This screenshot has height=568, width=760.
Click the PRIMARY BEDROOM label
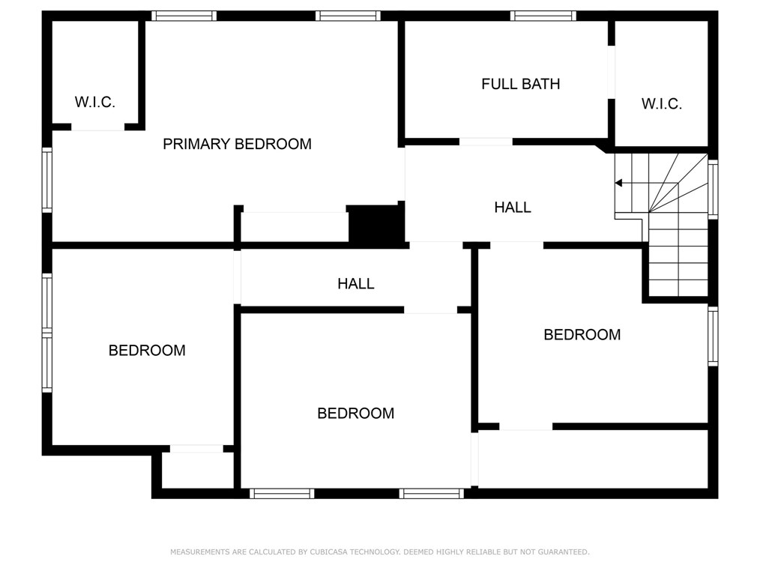237,144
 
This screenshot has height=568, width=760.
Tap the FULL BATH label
520,84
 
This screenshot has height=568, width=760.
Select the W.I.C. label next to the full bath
661,104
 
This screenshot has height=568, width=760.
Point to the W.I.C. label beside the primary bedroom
95,103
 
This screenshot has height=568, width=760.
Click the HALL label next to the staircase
513,208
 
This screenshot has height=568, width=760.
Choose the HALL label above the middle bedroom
355,284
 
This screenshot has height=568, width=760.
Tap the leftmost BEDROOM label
147,350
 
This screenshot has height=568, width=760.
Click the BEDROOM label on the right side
582,335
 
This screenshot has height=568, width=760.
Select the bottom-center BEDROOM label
355,413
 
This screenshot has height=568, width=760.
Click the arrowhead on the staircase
619,183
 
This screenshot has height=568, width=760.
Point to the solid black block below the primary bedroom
376,224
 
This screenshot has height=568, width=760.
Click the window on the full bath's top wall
543,16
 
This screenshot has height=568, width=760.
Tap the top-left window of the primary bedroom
184,16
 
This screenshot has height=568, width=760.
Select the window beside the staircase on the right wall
713,190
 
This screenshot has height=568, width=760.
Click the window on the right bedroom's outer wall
713,336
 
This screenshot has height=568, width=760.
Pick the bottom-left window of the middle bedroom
281,493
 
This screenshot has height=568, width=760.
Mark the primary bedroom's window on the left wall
46,180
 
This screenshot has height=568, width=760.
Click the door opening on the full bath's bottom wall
486,142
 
